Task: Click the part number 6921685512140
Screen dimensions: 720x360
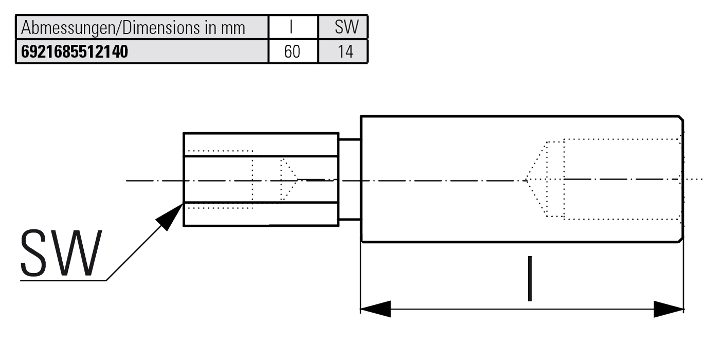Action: (x=74, y=51)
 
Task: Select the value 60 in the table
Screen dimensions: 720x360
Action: (x=292, y=51)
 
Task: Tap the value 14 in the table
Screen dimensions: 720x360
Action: (x=346, y=51)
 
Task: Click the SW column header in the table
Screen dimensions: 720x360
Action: (x=347, y=27)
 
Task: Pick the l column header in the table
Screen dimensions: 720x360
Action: (x=291, y=27)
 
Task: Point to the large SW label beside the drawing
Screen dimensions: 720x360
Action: (x=61, y=253)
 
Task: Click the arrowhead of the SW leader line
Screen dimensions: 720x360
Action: (x=170, y=217)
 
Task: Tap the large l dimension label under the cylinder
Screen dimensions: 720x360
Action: (x=530, y=278)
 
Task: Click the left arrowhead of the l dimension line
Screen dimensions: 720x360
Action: (x=375, y=309)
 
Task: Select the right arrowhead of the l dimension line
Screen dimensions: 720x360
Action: (x=669, y=309)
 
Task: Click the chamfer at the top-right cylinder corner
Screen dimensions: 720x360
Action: (x=681, y=118)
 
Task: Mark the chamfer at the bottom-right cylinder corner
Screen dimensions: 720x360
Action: (x=681, y=240)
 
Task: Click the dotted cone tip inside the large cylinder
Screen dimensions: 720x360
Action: (x=525, y=179)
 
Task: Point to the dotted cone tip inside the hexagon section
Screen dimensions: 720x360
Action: (x=298, y=179)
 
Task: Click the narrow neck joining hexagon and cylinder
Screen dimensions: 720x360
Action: (x=350, y=179)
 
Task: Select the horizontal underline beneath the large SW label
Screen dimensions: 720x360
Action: (x=63, y=281)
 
